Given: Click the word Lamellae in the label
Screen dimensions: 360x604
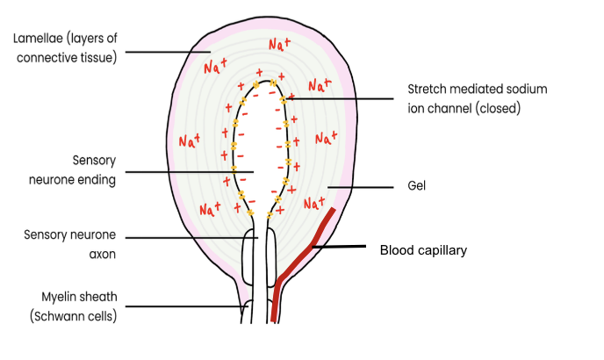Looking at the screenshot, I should click(36, 39).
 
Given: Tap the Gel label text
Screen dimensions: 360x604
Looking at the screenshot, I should click(415, 187).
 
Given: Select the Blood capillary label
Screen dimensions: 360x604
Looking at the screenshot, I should click(422, 250).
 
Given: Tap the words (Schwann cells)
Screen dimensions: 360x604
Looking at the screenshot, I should click(70, 316).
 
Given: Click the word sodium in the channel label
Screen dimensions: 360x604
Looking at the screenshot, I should click(530, 89).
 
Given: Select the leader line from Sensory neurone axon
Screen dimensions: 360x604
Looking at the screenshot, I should click(193, 237).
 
